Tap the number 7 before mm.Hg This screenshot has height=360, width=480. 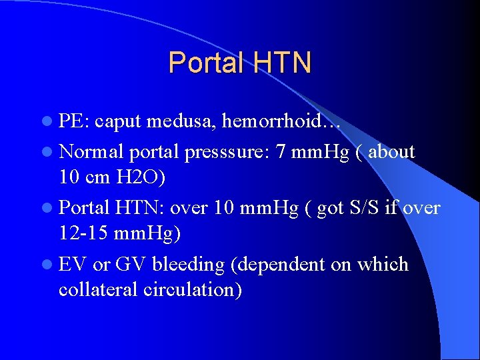tap(281, 151)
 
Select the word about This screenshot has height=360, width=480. tap(391, 151)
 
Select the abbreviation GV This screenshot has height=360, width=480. tap(131, 265)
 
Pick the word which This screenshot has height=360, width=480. tap(383, 265)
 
